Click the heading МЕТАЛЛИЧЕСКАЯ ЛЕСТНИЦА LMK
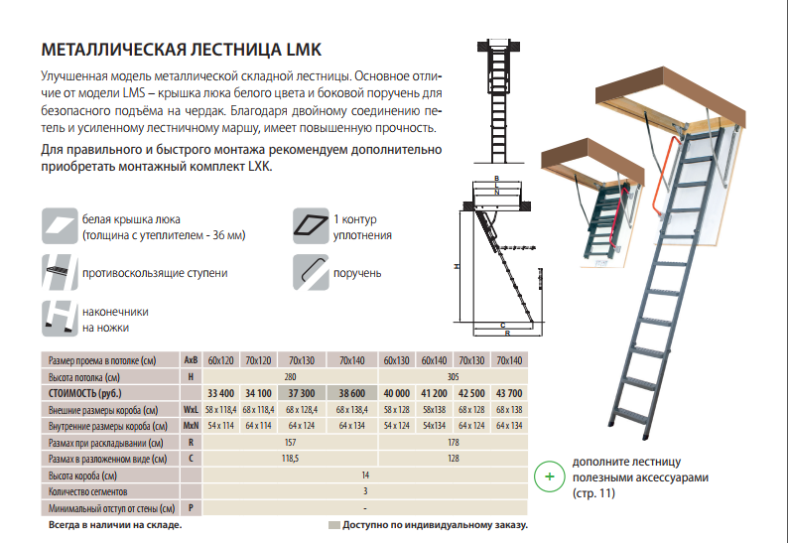pyautogui.click(x=181, y=50)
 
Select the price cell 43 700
pyautogui.click(x=508, y=392)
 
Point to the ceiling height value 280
pyautogui.click(x=291, y=376)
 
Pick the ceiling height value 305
pyautogui.click(x=454, y=376)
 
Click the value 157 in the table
pyautogui.click(x=291, y=442)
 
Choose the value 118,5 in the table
pyautogui.click(x=291, y=459)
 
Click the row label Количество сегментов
pyautogui.click(x=87, y=491)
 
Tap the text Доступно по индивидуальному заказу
pyautogui.click(x=435, y=524)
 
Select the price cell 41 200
pyautogui.click(x=434, y=392)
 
